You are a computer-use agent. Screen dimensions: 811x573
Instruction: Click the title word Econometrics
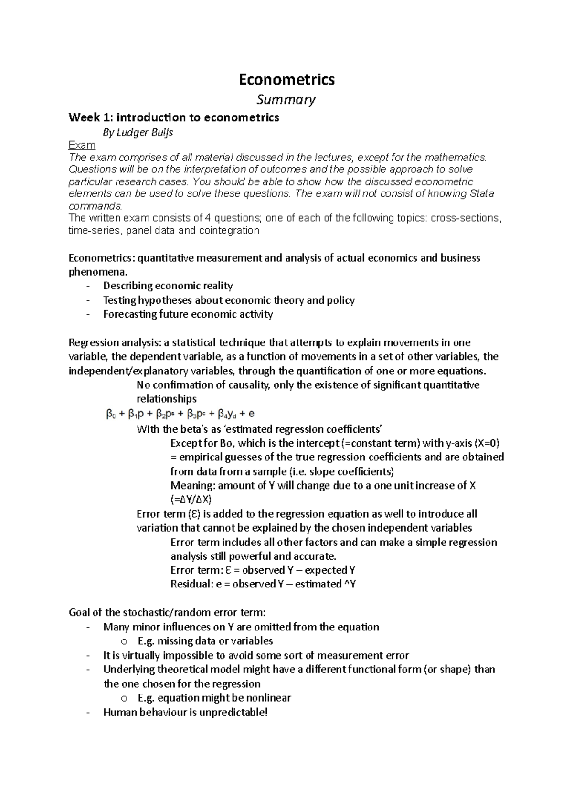(x=286, y=79)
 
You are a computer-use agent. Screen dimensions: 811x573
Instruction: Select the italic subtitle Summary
(x=286, y=100)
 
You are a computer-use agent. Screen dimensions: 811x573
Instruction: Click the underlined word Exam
(x=82, y=145)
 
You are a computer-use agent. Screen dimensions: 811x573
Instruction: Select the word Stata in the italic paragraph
(x=482, y=194)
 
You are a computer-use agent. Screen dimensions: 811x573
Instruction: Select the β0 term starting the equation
(x=110, y=414)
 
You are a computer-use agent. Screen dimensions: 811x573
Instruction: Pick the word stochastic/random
(x=163, y=613)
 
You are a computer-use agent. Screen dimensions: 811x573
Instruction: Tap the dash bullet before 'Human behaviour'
(x=87, y=713)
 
